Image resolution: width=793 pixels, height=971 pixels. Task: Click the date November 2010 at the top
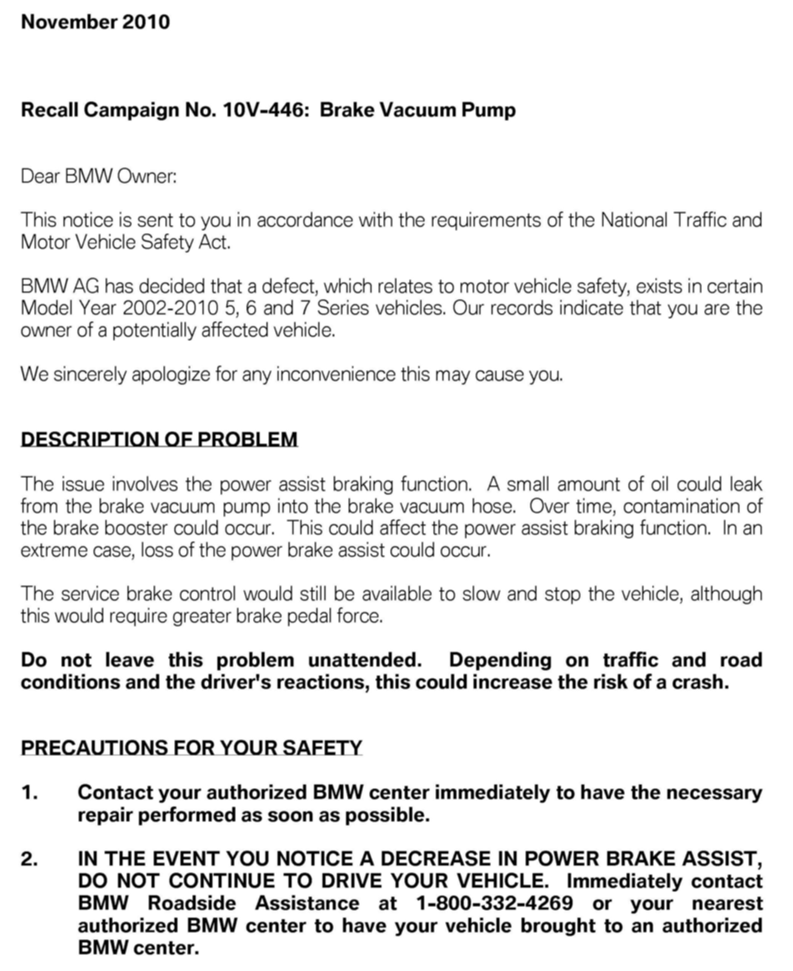point(95,22)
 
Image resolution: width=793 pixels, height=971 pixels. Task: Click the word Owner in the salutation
point(146,176)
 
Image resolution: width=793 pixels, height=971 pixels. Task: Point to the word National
point(633,220)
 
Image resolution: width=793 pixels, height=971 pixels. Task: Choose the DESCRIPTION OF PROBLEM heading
point(159,439)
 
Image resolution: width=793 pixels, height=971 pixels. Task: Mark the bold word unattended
point(365,660)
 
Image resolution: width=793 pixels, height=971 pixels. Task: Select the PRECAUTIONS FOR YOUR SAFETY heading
point(191,748)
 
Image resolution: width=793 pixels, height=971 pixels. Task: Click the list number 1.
point(29,792)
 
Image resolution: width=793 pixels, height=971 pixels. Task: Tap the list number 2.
point(29,859)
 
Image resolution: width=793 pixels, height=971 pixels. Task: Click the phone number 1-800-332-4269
point(494,903)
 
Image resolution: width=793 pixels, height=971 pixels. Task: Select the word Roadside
point(192,903)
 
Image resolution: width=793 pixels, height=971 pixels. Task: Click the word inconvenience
point(335,375)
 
